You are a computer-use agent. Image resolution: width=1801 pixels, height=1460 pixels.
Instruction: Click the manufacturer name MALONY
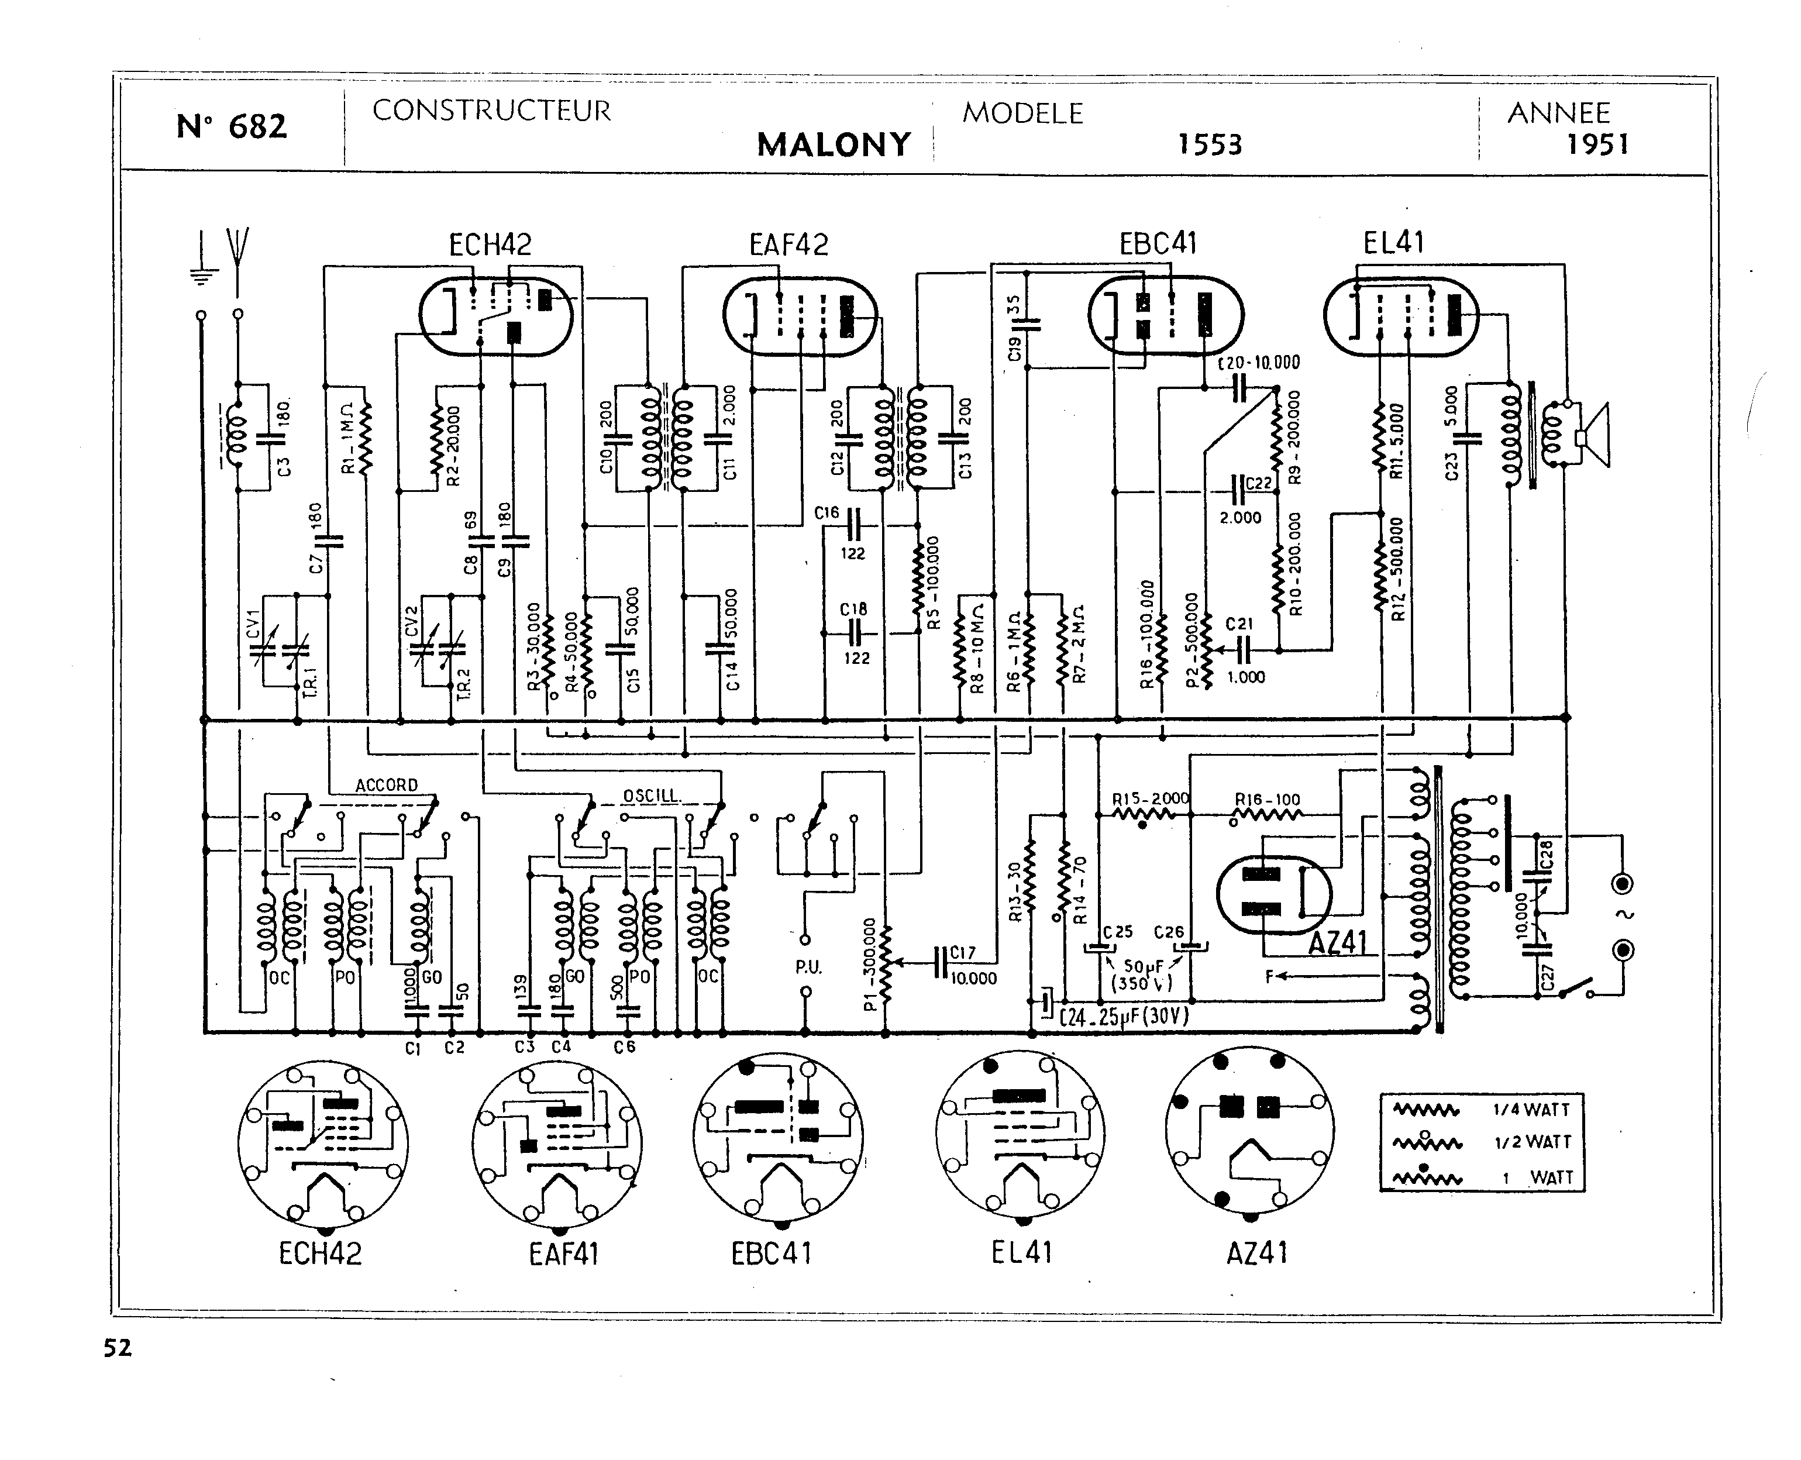click(x=834, y=144)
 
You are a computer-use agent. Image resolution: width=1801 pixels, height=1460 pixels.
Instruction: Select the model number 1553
click(x=1209, y=144)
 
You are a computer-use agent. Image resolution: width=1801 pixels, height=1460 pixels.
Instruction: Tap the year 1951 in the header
click(x=1597, y=144)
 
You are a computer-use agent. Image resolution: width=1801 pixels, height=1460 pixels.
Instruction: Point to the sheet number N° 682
click(x=231, y=126)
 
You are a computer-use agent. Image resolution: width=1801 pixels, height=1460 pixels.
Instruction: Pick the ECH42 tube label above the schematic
click(x=490, y=245)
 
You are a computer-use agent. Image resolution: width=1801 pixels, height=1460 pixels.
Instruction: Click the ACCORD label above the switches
click(x=386, y=784)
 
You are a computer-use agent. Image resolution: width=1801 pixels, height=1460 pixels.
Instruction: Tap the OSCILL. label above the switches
click(x=652, y=796)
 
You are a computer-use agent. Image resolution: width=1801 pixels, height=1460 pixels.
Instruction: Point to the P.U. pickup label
click(x=807, y=967)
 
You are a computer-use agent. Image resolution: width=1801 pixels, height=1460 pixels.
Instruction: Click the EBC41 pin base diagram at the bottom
click(x=778, y=1135)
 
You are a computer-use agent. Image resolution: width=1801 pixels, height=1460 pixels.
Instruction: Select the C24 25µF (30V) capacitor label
click(x=1124, y=1017)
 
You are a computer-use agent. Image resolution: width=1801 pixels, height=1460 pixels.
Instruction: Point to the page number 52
click(x=118, y=1348)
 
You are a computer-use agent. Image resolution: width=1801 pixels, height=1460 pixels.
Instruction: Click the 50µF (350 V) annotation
click(x=1142, y=975)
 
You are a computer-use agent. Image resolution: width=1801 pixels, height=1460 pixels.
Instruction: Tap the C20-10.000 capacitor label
click(x=1259, y=363)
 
